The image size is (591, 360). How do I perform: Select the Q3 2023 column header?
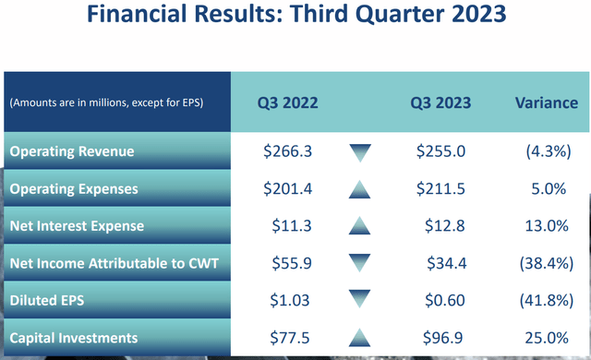click(x=441, y=102)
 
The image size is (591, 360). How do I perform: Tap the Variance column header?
click(x=545, y=102)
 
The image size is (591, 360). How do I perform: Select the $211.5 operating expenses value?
click(x=441, y=189)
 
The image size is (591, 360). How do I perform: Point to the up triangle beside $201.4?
click(x=360, y=188)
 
